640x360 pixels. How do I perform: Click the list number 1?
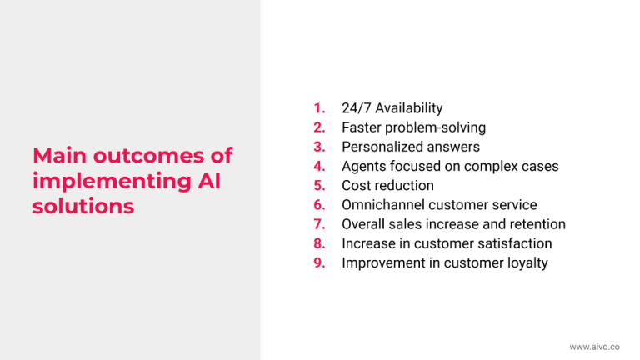coord(319,108)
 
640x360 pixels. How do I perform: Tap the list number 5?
coord(319,186)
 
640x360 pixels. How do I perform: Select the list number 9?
coord(319,262)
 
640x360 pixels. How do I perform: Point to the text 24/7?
coord(357,108)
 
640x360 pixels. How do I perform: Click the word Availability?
coord(409,108)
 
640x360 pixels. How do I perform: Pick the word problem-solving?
coord(436,127)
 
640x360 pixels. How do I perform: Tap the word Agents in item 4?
coord(363,167)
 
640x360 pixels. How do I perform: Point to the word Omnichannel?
coord(382,205)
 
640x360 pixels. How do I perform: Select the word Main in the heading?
coord(60,156)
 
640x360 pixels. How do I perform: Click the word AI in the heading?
coord(209,181)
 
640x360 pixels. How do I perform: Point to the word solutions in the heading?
coord(83,206)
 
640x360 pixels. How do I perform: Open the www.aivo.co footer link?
coord(595,347)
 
